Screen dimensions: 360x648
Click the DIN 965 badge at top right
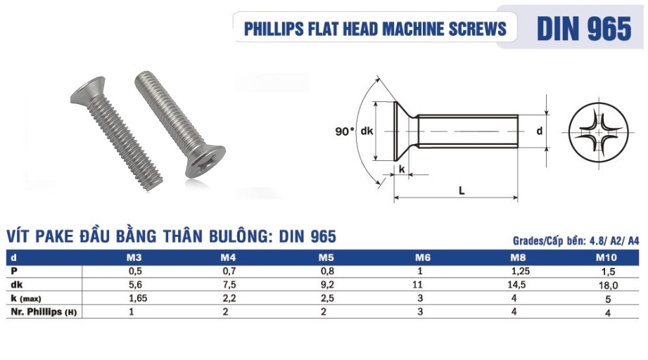tap(583, 29)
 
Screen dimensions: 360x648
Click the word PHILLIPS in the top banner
tap(274, 29)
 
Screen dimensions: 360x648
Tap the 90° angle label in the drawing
tap(345, 131)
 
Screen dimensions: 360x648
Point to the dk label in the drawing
tap(366, 131)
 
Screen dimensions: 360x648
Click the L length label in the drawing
tap(461, 191)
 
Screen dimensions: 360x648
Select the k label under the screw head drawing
tap(402, 169)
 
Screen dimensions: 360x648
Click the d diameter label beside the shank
tap(540, 131)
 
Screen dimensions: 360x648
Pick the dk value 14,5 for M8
tap(517, 285)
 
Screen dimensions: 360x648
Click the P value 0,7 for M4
tap(226, 271)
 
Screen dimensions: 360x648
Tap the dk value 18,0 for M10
tap(607, 285)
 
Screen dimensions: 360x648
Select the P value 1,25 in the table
tap(517, 271)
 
